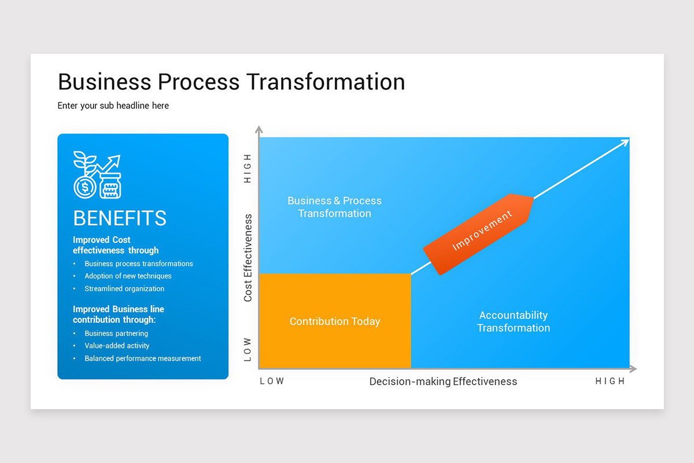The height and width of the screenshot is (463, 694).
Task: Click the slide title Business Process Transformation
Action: coord(231,82)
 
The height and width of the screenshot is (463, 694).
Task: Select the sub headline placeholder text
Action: coord(113,106)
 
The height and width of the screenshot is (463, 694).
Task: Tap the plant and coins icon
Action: coord(97,175)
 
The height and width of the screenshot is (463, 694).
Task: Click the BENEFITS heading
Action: coord(120,218)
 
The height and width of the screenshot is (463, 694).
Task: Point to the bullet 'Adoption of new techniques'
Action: coord(128,276)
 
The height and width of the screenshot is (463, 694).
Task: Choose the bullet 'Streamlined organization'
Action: coord(124,289)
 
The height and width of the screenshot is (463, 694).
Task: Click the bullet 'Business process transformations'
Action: coord(139,264)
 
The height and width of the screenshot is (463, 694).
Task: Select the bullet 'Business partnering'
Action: coord(116,334)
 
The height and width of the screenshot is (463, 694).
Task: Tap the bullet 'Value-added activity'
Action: coord(117,346)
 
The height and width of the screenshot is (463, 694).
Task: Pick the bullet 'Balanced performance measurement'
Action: coord(143,359)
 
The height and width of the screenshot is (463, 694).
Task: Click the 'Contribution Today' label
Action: coord(335,322)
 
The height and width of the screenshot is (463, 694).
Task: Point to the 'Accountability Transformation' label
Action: coord(514,322)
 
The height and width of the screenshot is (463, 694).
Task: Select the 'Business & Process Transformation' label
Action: coord(335,207)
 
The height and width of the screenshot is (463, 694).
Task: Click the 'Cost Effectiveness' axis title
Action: coord(248,258)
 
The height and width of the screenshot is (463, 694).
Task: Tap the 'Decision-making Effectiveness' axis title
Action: coord(443,382)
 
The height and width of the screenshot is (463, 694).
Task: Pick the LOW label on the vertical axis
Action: coord(248,350)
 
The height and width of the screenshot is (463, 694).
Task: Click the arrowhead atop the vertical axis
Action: coord(259,129)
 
